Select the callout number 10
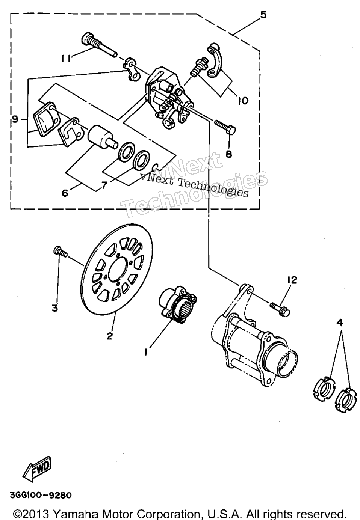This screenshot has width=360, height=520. pyautogui.click(x=243, y=100)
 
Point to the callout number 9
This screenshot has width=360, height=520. pyautogui.click(x=15, y=119)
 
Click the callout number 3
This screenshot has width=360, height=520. pyautogui.click(x=55, y=309)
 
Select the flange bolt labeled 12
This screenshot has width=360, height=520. pyautogui.click(x=280, y=308)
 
